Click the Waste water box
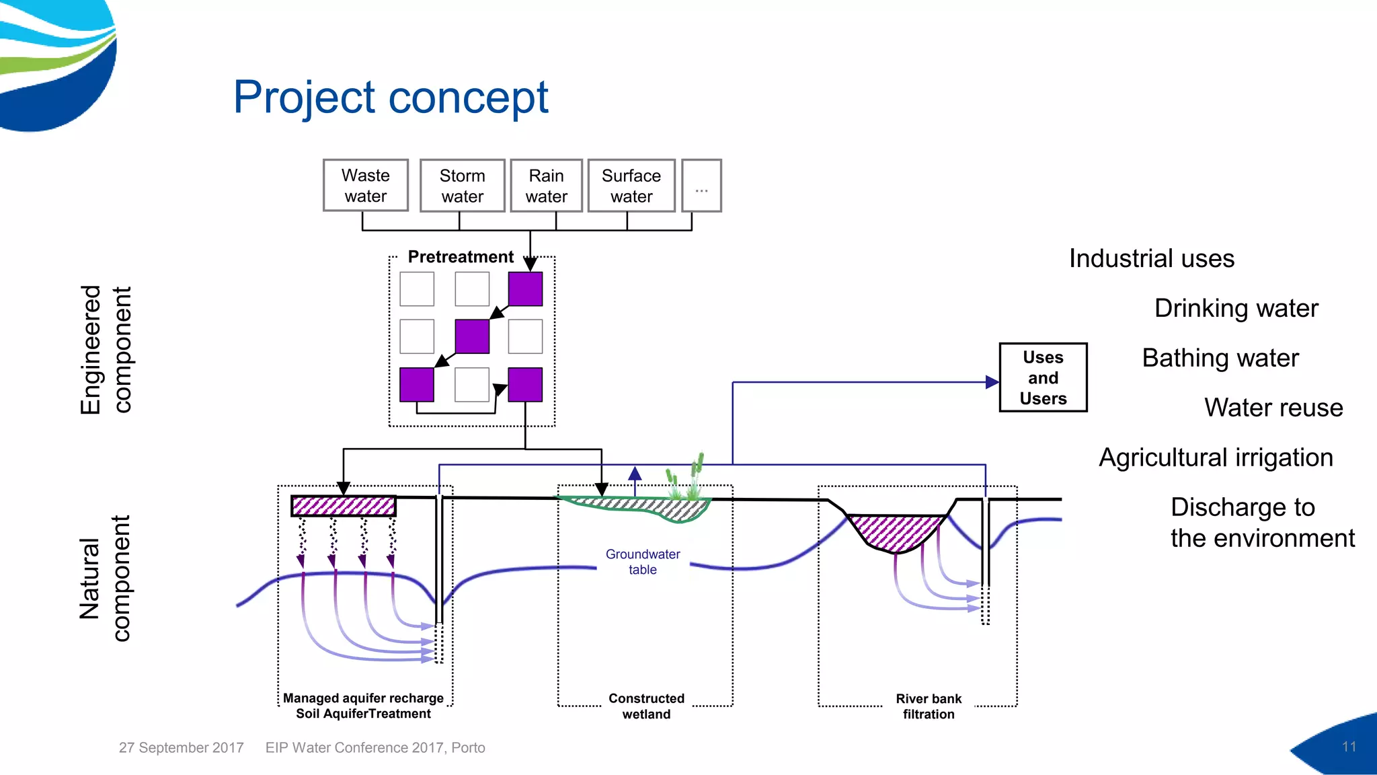click(365, 186)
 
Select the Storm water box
click(462, 186)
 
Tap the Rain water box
click(546, 186)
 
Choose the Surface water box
click(631, 186)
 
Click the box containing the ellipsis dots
click(701, 186)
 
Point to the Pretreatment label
click(461, 257)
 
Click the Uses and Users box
click(1043, 377)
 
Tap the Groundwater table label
click(643, 562)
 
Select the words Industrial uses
click(1151, 259)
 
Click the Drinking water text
click(1236, 308)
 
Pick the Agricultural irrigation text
click(1216, 457)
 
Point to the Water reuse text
click(1273, 408)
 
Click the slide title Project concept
click(391, 98)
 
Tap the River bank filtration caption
click(929, 706)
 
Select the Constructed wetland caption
click(646, 706)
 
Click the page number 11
click(1348, 747)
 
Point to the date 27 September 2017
click(181, 747)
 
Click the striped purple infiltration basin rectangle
click(344, 506)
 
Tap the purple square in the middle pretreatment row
click(472, 336)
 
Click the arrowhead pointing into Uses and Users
click(992, 382)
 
